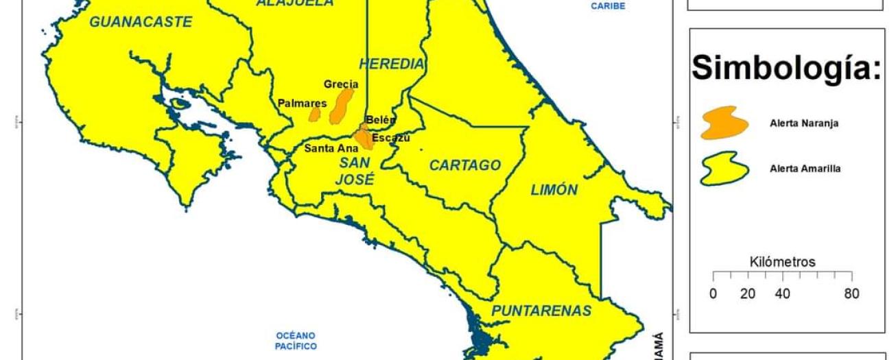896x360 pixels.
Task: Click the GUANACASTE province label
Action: click(x=141, y=22)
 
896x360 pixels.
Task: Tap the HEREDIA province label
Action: click(x=392, y=64)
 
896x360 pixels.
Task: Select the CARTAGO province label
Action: click(x=465, y=165)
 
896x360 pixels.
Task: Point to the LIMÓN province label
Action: click(x=554, y=190)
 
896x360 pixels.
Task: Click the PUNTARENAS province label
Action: click(x=541, y=311)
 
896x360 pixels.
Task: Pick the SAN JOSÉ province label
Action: click(x=355, y=171)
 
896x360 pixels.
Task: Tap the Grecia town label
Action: click(x=341, y=84)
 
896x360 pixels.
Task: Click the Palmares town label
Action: click(x=302, y=104)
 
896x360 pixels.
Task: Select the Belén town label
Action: click(x=381, y=119)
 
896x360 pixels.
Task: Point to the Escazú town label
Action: click(x=391, y=138)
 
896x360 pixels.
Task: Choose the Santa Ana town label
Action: click(x=331, y=147)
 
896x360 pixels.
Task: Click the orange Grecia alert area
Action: click(x=341, y=106)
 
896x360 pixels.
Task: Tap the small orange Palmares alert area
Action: click(x=314, y=113)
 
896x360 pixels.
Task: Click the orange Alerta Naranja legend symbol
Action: click(x=724, y=123)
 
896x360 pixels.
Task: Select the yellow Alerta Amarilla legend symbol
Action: click(x=724, y=168)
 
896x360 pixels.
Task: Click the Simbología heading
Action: click(x=786, y=68)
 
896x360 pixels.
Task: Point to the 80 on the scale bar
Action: click(x=851, y=294)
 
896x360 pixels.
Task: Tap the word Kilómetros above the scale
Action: click(x=783, y=262)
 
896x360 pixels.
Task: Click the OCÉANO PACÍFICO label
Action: click(x=296, y=341)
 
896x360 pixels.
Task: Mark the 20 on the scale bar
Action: click(x=748, y=294)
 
